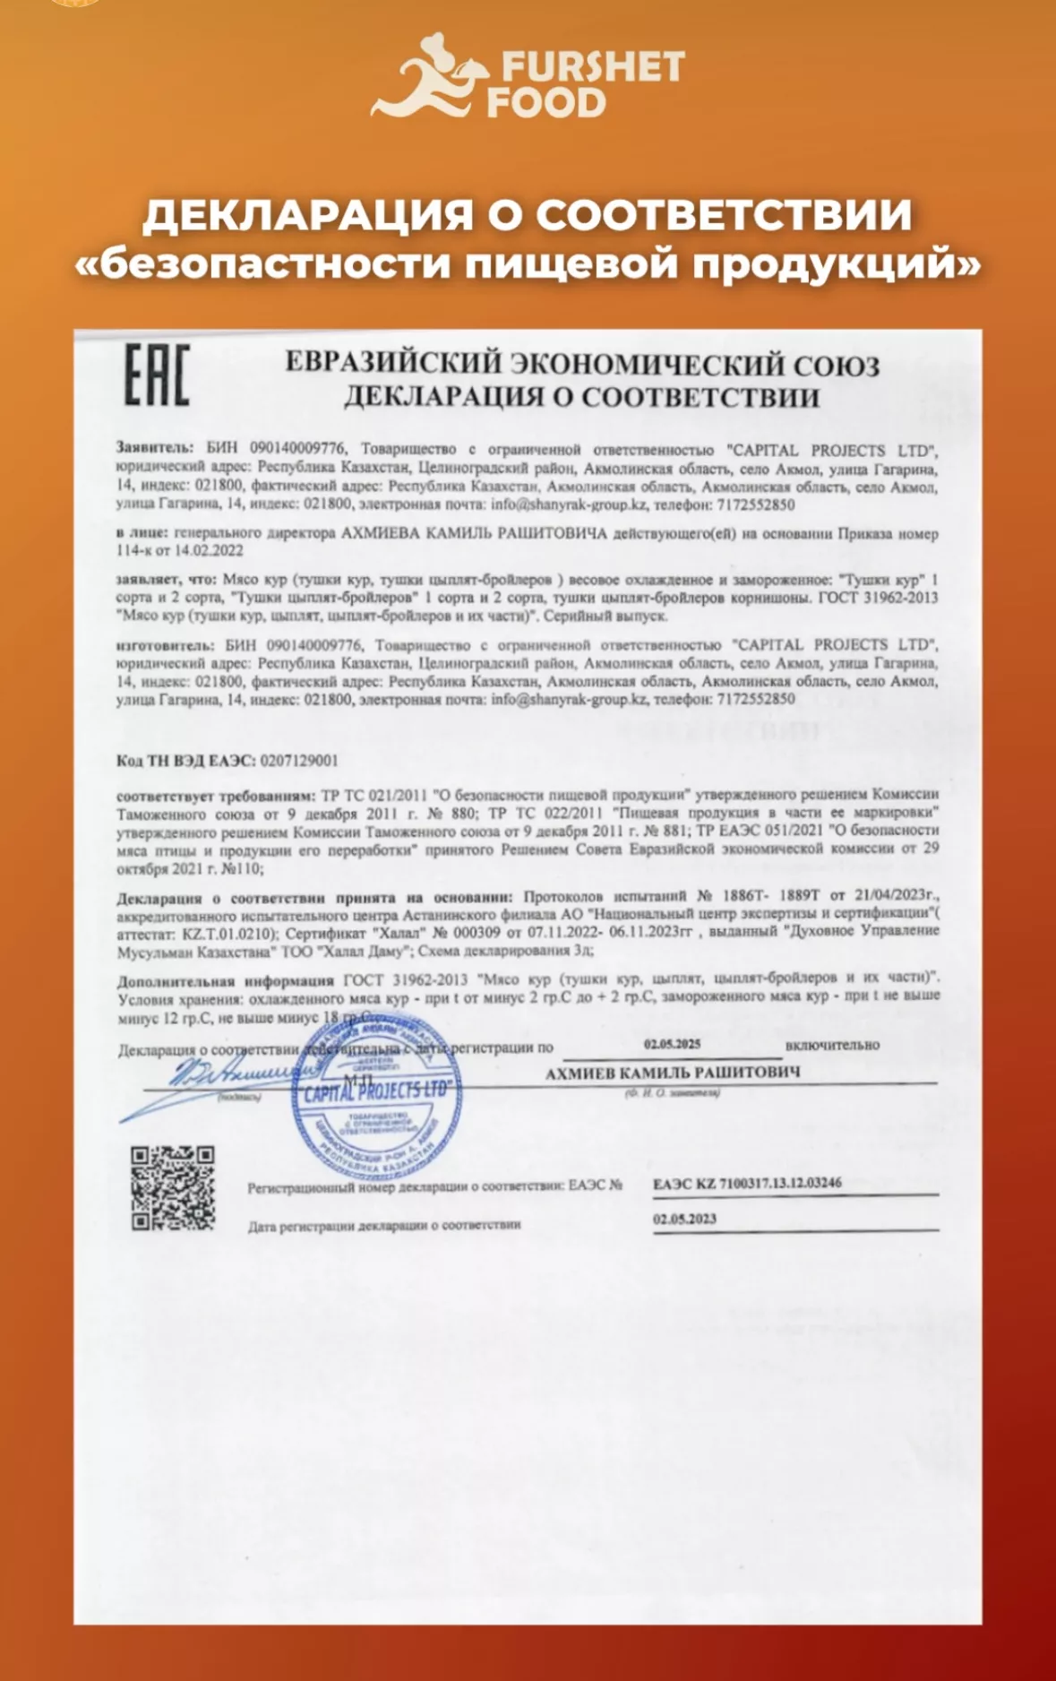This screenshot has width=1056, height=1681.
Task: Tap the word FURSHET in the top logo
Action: (592, 66)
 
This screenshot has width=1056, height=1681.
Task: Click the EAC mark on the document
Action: (156, 375)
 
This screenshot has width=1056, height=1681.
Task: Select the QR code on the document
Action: (173, 1187)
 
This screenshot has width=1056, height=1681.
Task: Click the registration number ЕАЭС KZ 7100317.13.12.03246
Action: (747, 1184)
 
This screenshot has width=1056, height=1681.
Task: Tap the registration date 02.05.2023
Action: (684, 1219)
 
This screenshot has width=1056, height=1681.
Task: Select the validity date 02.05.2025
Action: (672, 1044)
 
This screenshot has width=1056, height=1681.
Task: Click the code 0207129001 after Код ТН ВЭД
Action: (299, 761)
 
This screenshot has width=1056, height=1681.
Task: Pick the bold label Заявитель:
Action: (154, 447)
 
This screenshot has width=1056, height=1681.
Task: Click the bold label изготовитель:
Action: (165, 644)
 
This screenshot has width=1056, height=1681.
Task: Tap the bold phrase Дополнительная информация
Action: (225, 980)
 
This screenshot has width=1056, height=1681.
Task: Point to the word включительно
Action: (832, 1045)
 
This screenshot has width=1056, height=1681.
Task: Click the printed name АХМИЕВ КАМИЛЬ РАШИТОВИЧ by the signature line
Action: (672, 1073)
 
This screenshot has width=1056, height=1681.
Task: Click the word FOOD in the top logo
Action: (547, 102)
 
